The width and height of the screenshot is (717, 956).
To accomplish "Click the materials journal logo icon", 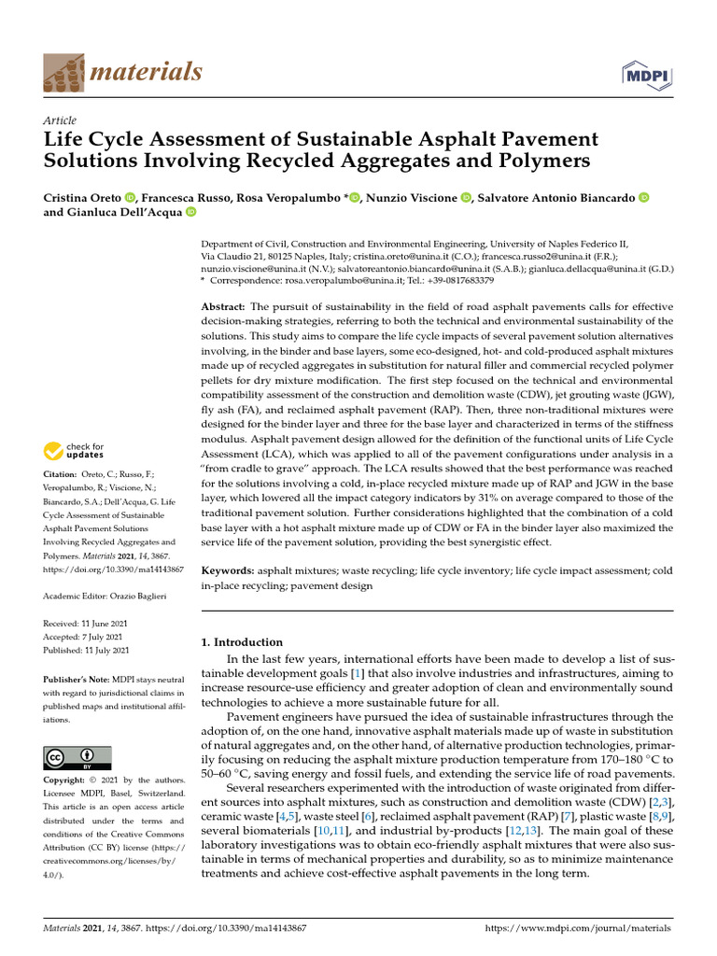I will pyautogui.click(x=62, y=70).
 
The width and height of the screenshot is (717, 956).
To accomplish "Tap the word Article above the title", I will pyautogui.click(x=60, y=120).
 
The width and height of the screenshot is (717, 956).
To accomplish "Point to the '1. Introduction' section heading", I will pyautogui.click(x=242, y=642).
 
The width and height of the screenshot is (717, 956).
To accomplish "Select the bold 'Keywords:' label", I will pyautogui.click(x=228, y=570).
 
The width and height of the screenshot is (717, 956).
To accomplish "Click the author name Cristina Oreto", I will pyautogui.click(x=81, y=197).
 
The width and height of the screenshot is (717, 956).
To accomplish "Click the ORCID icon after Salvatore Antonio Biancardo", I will pyautogui.click(x=642, y=197).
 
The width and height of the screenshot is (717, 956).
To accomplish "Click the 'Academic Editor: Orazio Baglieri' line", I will pyautogui.click(x=103, y=595).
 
